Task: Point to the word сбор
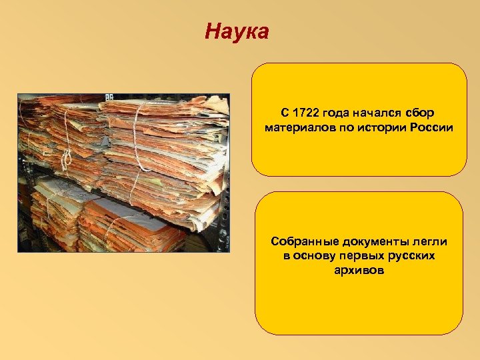point(424,113)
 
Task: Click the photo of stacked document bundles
point(123,172)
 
